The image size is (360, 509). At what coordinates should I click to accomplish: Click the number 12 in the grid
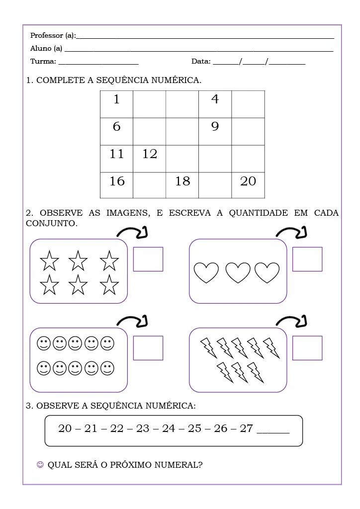pos(150,154)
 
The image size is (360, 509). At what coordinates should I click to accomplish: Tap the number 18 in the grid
pos(182,181)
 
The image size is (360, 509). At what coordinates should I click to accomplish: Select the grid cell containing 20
pos(248,185)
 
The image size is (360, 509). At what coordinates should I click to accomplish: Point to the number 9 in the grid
pos(215,127)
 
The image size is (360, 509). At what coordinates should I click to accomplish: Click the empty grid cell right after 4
pos(248,104)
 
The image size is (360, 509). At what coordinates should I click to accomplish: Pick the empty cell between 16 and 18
pos(149,185)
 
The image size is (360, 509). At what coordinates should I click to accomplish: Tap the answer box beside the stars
pos(148,259)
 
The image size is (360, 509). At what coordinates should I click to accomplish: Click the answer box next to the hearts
pos(307,259)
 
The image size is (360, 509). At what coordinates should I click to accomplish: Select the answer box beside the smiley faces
pos(148,348)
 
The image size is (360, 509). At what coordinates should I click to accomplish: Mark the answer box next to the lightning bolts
pos(307,348)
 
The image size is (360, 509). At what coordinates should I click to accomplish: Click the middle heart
pos(238,273)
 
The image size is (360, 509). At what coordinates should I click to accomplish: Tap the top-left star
pos(49,260)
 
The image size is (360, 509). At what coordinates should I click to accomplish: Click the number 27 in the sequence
pos(247,428)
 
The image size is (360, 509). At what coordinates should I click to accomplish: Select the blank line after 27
pos(273,431)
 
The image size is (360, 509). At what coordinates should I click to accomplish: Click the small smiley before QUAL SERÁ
pos(40,465)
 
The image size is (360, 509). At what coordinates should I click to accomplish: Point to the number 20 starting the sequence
pos(65,428)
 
